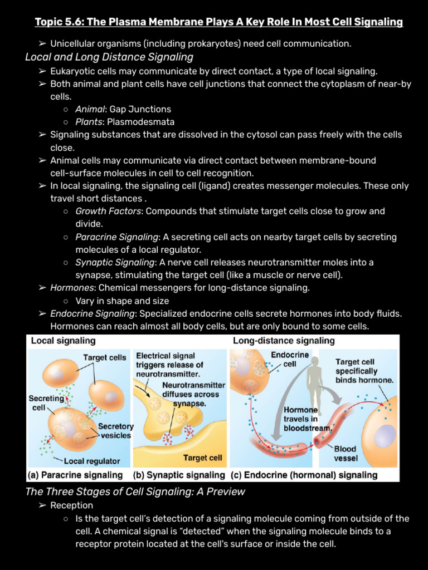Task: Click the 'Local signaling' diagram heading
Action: pyautogui.click(x=63, y=341)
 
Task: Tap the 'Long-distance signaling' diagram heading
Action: pyautogui.click(x=284, y=341)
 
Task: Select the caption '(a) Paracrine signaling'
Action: pyautogui.click(x=75, y=475)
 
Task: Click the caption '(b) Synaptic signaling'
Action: pyautogui.click(x=179, y=475)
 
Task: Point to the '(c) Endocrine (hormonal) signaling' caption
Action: pyautogui.click(x=303, y=475)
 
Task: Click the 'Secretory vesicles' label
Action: pyautogui.click(x=116, y=431)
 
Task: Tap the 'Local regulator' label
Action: pyautogui.click(x=92, y=461)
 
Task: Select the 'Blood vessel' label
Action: pyautogui.click(x=346, y=453)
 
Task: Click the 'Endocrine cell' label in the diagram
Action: pyautogui.click(x=290, y=359)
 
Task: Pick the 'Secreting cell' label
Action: pyautogui.click(x=46, y=402)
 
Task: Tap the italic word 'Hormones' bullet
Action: pyautogui.click(x=72, y=288)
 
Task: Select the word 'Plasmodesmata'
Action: pyautogui.click(x=140, y=122)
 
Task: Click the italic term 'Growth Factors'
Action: pyautogui.click(x=109, y=212)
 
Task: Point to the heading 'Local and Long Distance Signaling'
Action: pyautogui.click(x=109, y=57)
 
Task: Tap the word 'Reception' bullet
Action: pyautogui.click(x=71, y=505)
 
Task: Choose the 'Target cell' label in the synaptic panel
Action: pyautogui.click(x=202, y=458)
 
